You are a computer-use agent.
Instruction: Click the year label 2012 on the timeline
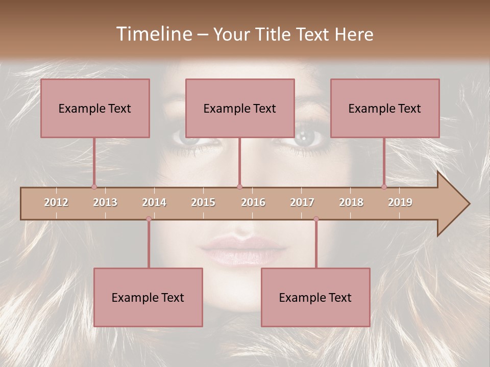click(56, 202)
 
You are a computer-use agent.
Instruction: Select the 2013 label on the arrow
click(105, 202)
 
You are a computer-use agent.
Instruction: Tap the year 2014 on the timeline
click(154, 202)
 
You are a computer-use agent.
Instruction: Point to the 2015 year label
click(203, 202)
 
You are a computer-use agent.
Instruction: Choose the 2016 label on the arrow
click(253, 202)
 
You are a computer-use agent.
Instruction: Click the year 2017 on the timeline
click(302, 202)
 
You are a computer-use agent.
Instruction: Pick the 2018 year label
click(351, 202)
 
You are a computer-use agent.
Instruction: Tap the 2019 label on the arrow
click(400, 202)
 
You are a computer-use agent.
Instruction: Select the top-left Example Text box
click(95, 109)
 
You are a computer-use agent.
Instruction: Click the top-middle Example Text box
click(240, 109)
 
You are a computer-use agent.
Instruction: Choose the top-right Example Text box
click(385, 109)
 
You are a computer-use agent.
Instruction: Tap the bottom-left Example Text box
click(148, 298)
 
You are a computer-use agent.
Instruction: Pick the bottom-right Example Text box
click(315, 298)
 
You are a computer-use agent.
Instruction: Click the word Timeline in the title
click(154, 34)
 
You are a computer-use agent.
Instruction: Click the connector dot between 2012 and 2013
click(94, 187)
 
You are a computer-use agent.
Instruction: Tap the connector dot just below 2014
click(149, 219)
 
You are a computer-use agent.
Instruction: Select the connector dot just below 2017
click(316, 219)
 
